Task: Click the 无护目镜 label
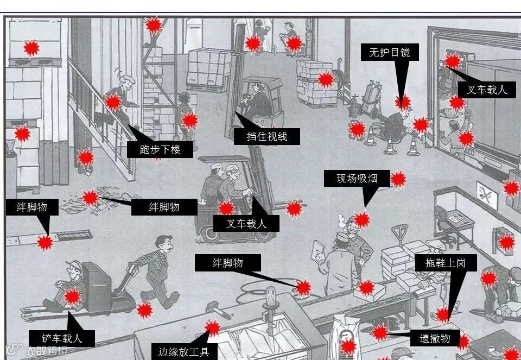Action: pyautogui.click(x=389, y=53)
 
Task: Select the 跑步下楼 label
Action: pyautogui.click(x=160, y=149)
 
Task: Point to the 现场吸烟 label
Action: pyautogui.click(x=357, y=179)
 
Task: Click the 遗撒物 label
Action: pyautogui.click(x=435, y=338)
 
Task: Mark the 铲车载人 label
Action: pyautogui.click(x=62, y=338)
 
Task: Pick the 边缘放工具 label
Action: pyautogui.click(x=183, y=351)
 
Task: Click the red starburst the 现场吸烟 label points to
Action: pyautogui.click(x=362, y=220)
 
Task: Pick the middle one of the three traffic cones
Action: pyautogui.click(x=390, y=144)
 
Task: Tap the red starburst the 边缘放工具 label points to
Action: pyautogui.click(x=213, y=328)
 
